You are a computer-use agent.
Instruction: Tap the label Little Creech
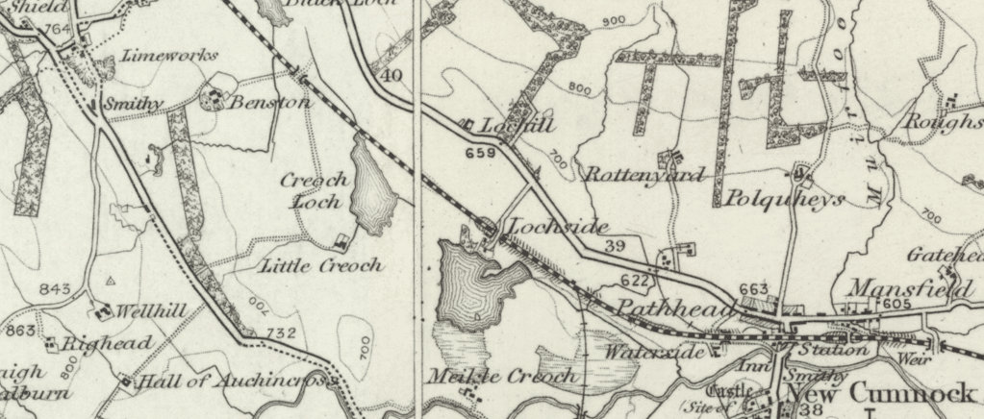coord(321,266)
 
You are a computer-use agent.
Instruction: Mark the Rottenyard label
coord(644,175)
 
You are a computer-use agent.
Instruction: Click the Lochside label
coord(558,228)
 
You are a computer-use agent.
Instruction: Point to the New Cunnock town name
coord(884,395)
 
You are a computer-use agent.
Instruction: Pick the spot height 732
coord(281,333)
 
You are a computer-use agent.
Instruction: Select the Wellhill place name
coord(150,311)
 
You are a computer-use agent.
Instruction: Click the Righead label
coord(107,344)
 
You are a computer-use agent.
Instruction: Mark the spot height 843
coord(57,289)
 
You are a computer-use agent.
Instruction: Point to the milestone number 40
coord(391,76)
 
